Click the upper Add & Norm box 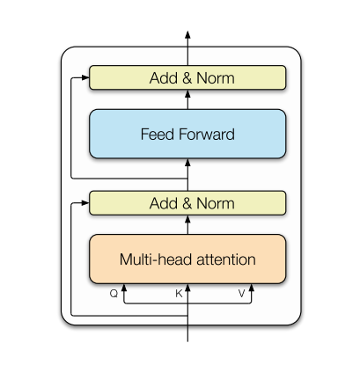pyautogui.click(x=187, y=77)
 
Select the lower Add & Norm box pyautogui.click(x=187, y=203)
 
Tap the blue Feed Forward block pyautogui.click(x=187, y=134)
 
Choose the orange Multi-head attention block pyautogui.click(x=187, y=259)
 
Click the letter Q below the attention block pyautogui.click(x=114, y=293)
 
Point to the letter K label pyautogui.click(x=179, y=293)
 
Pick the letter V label pyautogui.click(x=241, y=293)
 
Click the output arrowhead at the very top pyautogui.click(x=187, y=34)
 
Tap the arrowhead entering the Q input pyautogui.click(x=124, y=288)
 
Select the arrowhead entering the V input pyautogui.click(x=252, y=288)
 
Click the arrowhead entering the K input pyautogui.click(x=187, y=288)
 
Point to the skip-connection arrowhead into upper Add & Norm pyautogui.click(x=85, y=77)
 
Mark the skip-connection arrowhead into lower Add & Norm pyautogui.click(x=85, y=203)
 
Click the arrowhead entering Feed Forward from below pyautogui.click(x=187, y=163)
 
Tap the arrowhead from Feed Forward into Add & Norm pyautogui.click(x=187, y=93)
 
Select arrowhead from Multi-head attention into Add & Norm pyautogui.click(x=187, y=219)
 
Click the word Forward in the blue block pyautogui.click(x=207, y=134)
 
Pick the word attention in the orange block pyautogui.click(x=226, y=259)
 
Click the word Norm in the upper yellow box pyautogui.click(x=216, y=78)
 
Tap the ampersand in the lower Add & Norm pyautogui.click(x=187, y=203)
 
